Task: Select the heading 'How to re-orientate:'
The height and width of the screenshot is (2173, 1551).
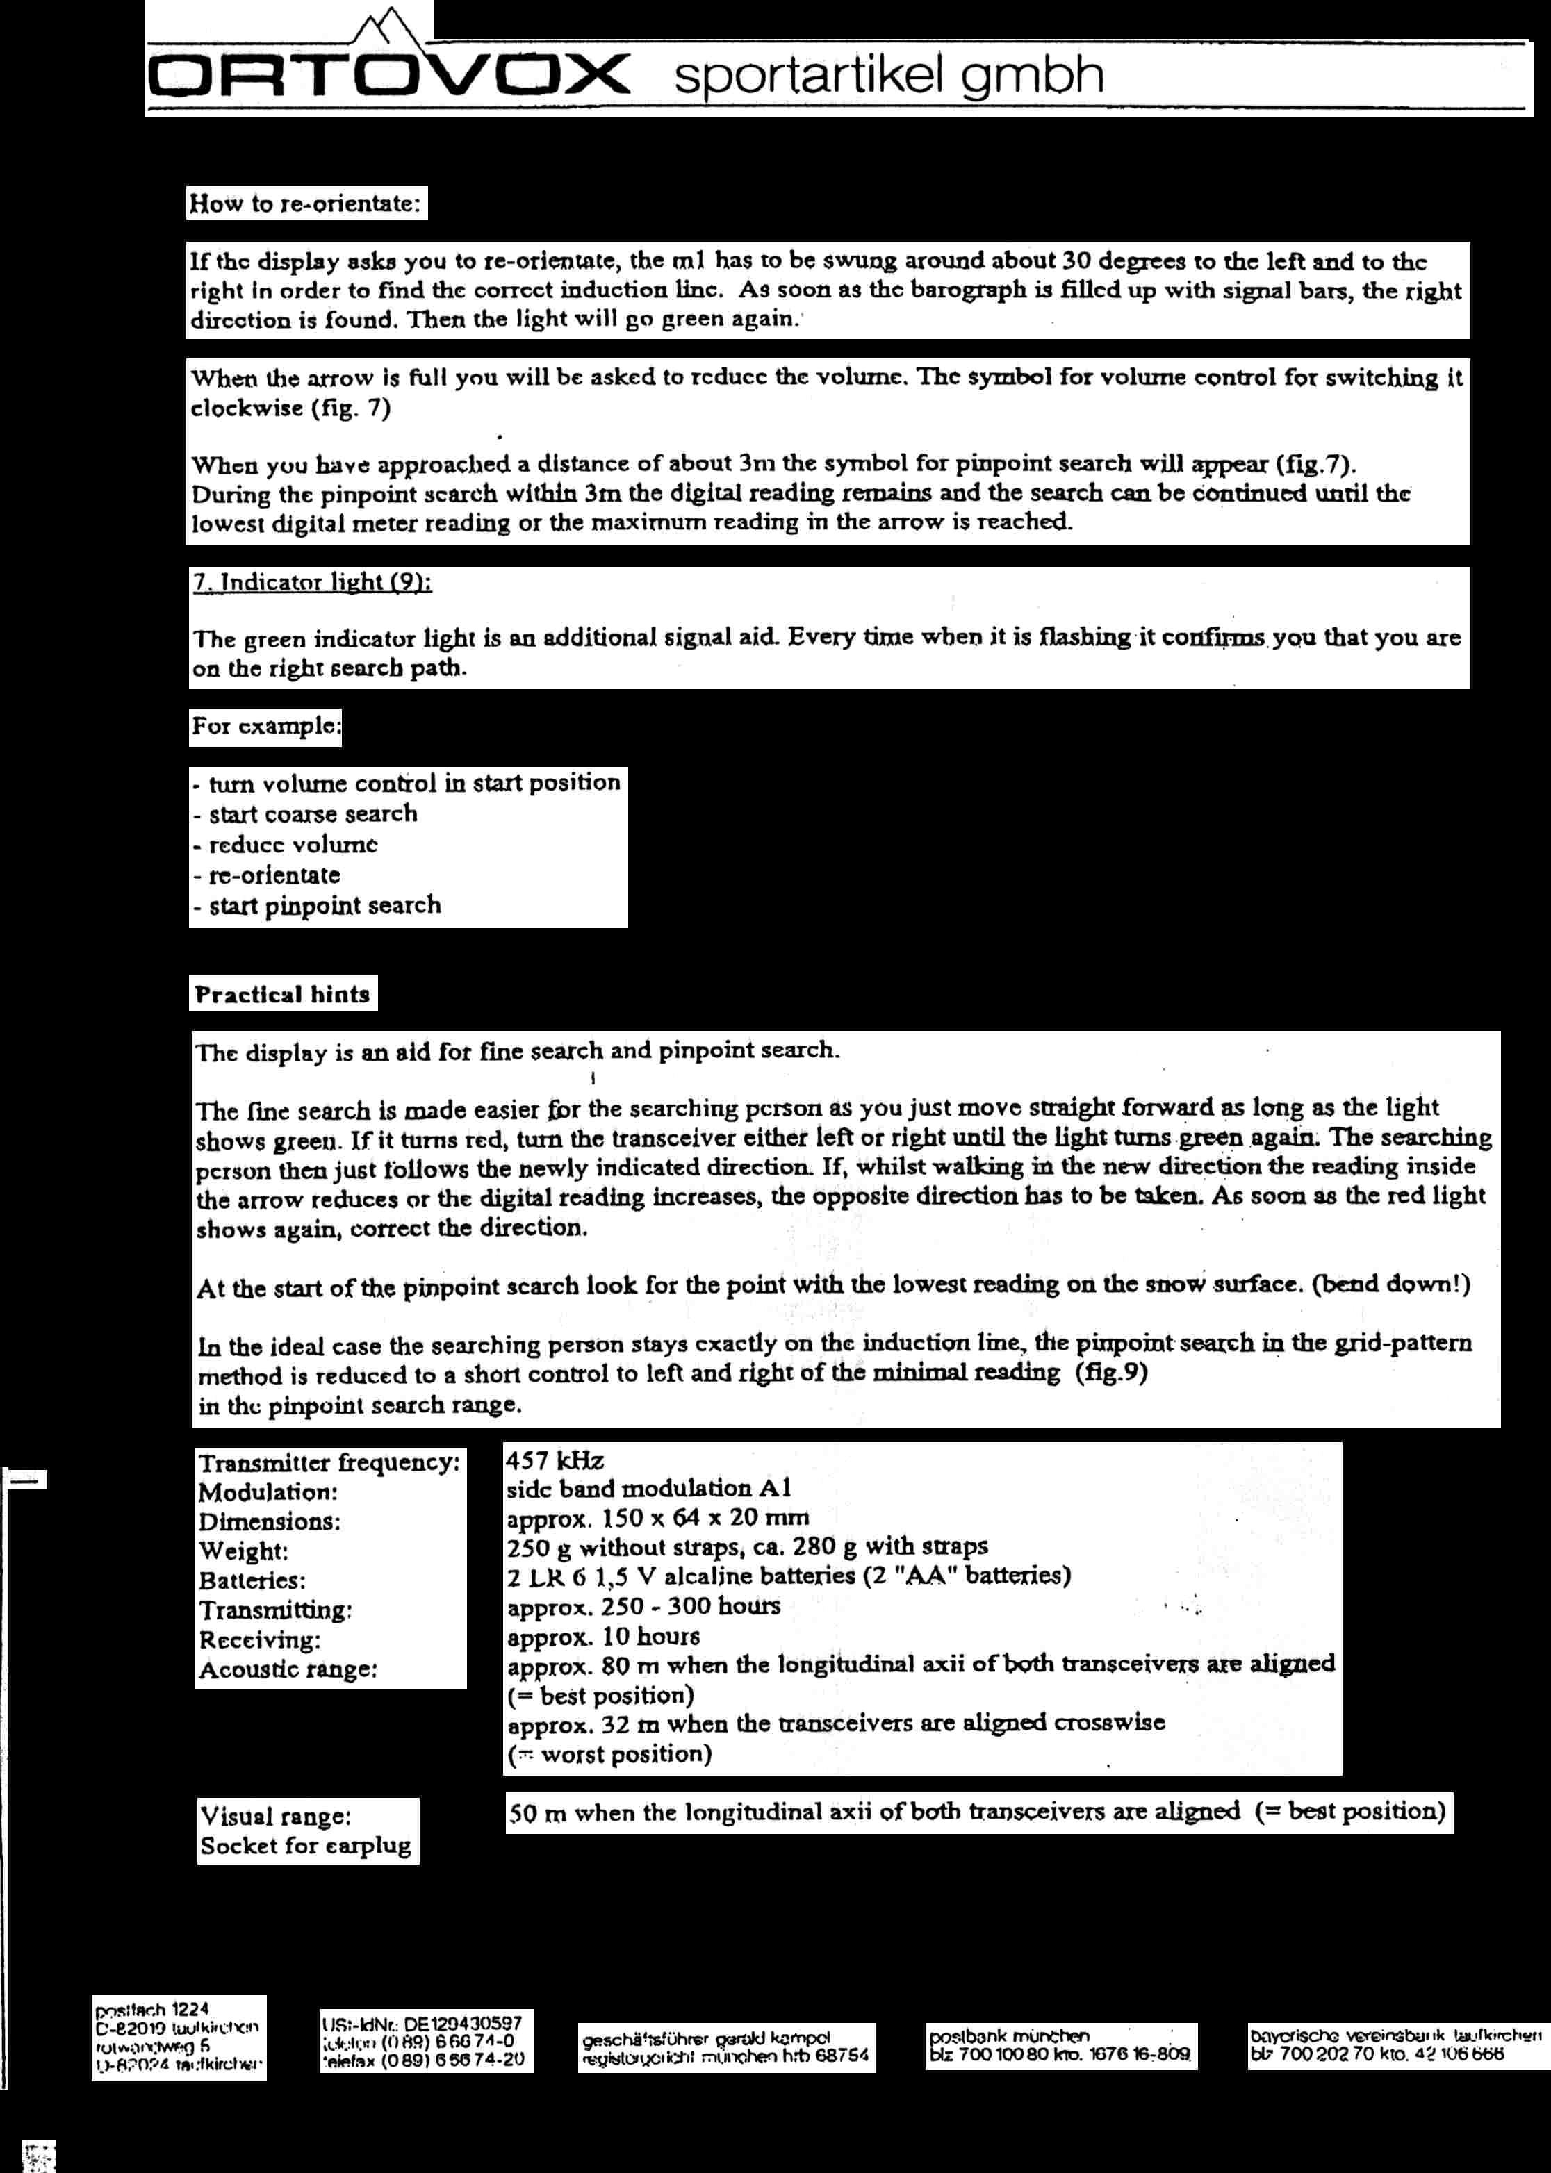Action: pyautogui.click(x=306, y=204)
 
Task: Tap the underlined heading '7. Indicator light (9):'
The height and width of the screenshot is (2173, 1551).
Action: pyautogui.click(x=312, y=582)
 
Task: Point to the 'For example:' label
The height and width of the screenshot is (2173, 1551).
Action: pyautogui.click(x=265, y=727)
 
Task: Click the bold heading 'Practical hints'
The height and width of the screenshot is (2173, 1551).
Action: pyautogui.click(x=283, y=994)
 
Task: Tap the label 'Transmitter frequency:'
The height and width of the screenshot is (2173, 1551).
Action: pyautogui.click(x=329, y=1462)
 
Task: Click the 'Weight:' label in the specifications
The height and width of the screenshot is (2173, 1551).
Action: pyautogui.click(x=243, y=1551)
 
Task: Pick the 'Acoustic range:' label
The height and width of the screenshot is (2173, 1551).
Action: pyautogui.click(x=288, y=1670)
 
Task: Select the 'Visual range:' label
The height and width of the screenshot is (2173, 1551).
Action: pyautogui.click(x=275, y=1816)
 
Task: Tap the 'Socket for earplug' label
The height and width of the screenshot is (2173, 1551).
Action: pyautogui.click(x=306, y=1846)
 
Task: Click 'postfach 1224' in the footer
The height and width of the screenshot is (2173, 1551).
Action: pyautogui.click(x=152, y=2010)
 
